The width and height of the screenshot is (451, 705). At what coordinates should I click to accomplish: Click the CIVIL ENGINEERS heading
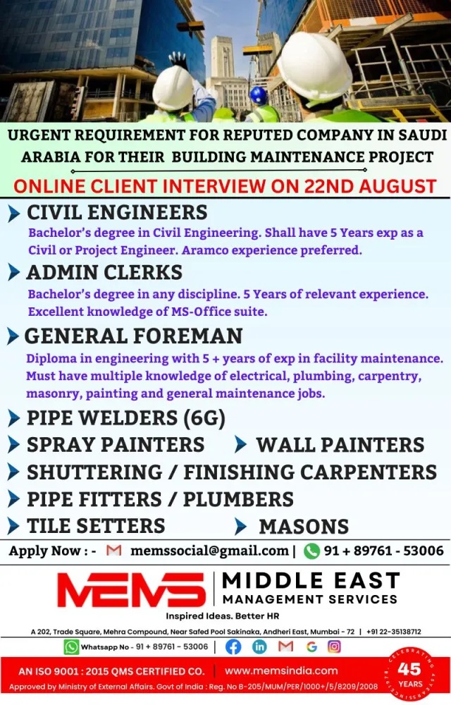(x=117, y=212)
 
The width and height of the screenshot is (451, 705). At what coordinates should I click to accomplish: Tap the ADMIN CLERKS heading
(x=104, y=272)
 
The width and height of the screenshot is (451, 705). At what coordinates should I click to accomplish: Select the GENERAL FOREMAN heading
(x=133, y=336)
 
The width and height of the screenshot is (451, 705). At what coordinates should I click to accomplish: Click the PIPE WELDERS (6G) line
(x=126, y=418)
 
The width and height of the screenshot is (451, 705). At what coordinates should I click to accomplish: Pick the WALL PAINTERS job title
(x=340, y=445)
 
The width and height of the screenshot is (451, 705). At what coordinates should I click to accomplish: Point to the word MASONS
(x=304, y=526)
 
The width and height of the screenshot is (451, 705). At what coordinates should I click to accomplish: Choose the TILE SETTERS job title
(x=96, y=526)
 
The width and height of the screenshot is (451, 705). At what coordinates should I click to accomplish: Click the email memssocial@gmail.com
(x=209, y=551)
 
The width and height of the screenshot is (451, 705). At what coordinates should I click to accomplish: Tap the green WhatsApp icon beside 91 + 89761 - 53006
(x=311, y=551)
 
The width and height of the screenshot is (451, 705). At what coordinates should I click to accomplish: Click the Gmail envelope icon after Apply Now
(x=113, y=551)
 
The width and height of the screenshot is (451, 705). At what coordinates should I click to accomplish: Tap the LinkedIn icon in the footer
(x=259, y=646)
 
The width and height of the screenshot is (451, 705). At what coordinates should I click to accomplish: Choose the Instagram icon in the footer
(x=334, y=646)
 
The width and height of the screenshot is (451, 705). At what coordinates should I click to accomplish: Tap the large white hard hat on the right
(x=314, y=68)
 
